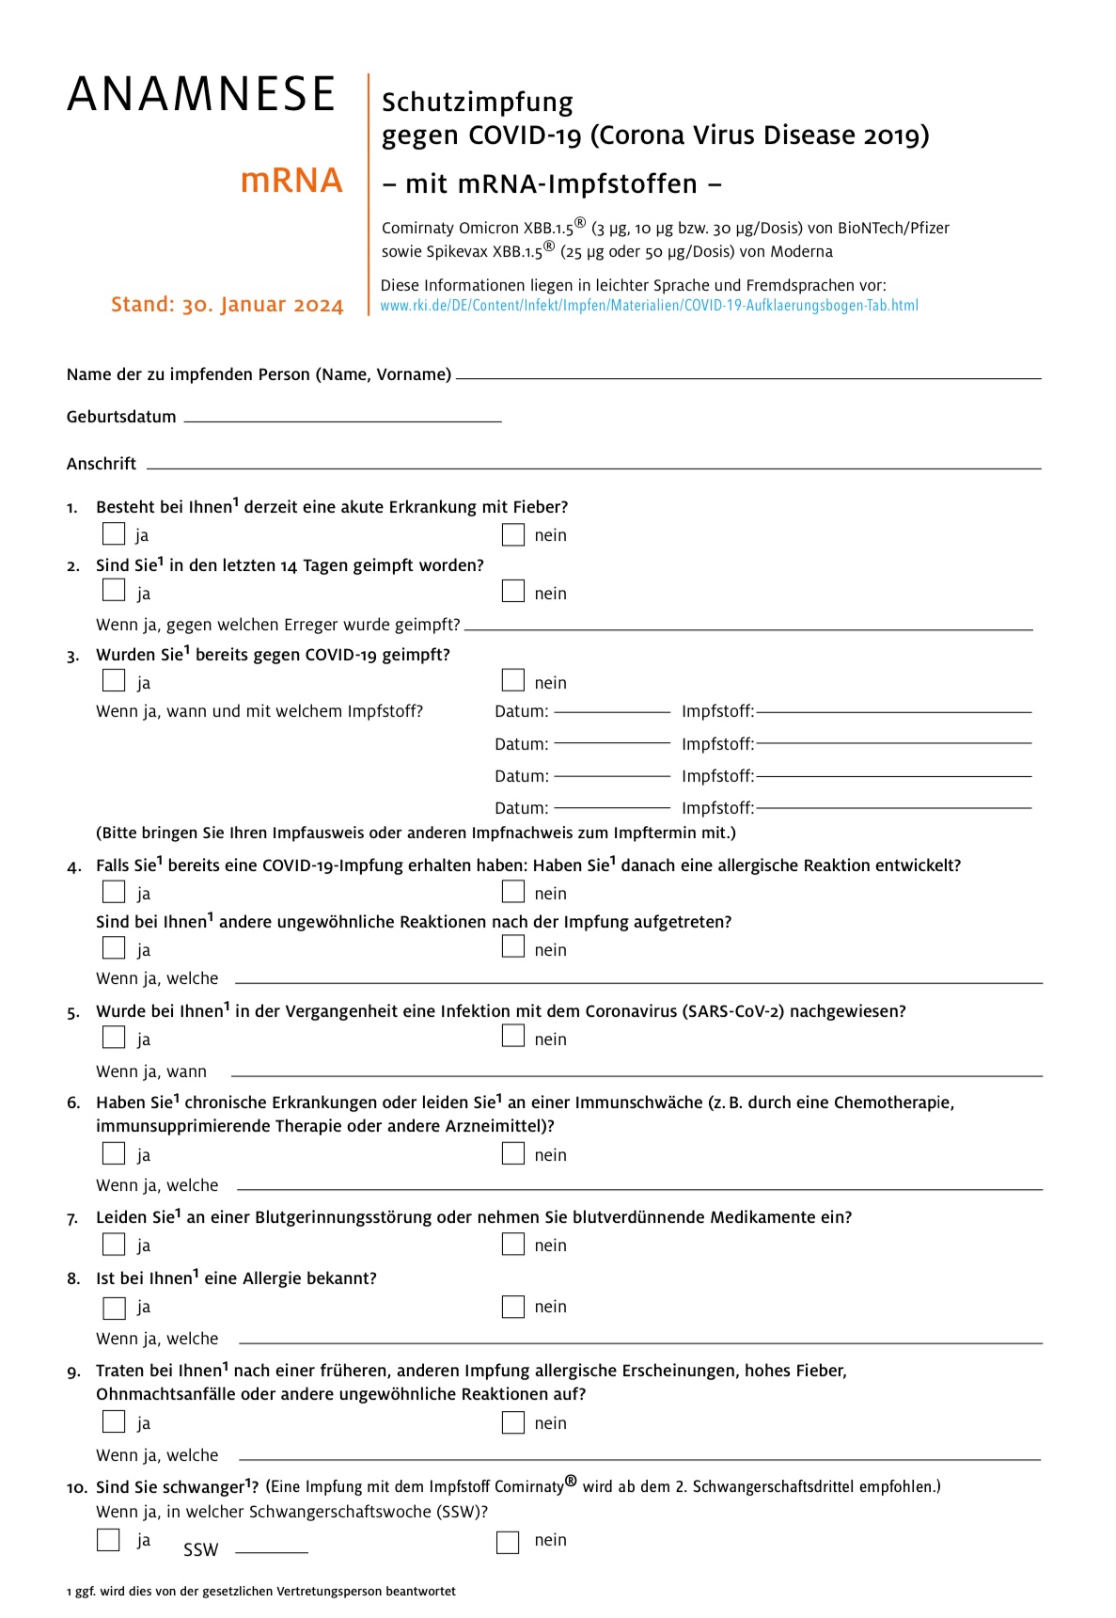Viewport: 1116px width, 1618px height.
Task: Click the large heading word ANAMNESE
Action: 201,94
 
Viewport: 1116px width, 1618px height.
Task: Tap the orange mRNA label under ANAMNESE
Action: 291,181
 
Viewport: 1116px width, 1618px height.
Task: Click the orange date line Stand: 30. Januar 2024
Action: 227,305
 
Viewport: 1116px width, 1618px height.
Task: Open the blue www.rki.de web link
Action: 649,306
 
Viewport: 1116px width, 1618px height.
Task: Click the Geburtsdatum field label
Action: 121,417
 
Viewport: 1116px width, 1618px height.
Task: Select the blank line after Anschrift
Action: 592,467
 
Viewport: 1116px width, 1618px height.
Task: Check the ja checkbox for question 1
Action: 114,534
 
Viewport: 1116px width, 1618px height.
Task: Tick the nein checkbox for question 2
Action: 512,591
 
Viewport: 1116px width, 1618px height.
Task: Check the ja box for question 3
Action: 114,680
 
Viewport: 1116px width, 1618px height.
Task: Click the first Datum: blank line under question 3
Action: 612,711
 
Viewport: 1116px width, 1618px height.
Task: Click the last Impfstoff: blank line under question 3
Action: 893,806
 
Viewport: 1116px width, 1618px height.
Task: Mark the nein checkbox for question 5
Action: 512,1036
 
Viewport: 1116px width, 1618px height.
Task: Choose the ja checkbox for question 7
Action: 114,1244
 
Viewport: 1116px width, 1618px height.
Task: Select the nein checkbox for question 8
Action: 512,1307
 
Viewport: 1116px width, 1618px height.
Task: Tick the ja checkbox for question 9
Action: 114,1421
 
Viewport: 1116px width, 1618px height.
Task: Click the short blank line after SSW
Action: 271,1550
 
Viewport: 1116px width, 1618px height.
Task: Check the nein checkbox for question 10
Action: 508,1542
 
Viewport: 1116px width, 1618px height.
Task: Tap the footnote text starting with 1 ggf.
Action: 260,1592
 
